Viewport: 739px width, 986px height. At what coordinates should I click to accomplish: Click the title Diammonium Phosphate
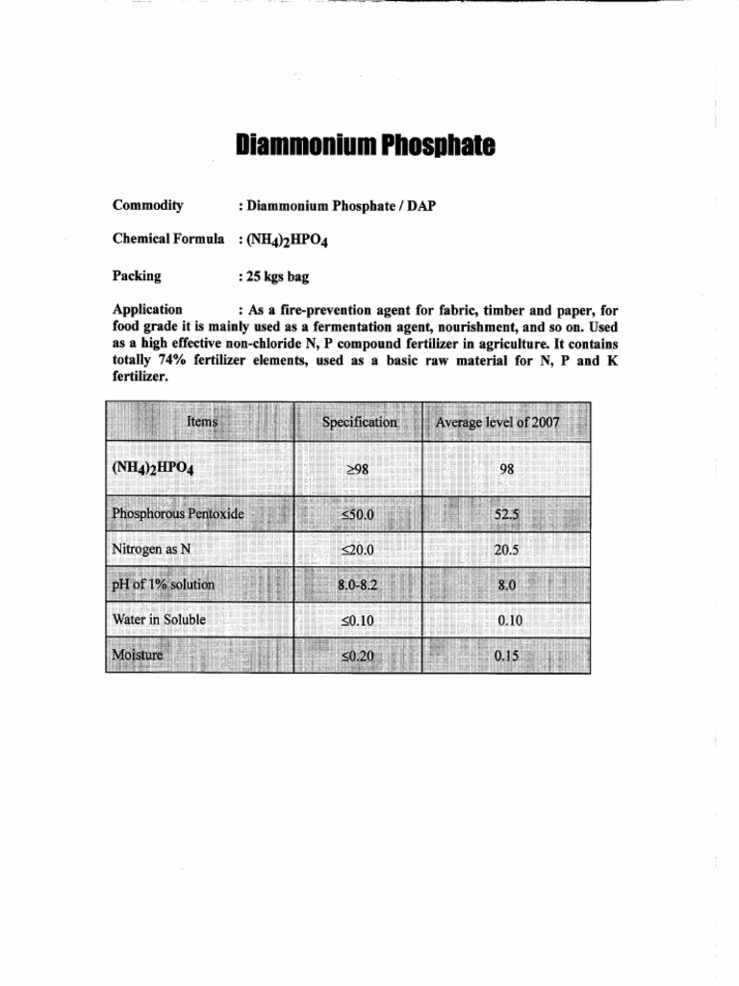point(365,146)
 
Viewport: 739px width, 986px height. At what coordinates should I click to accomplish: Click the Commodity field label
point(148,205)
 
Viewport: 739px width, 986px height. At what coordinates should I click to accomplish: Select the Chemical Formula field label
point(168,238)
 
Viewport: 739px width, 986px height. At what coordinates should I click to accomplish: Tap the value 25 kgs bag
point(277,276)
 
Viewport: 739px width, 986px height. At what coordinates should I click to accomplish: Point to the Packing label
point(137,275)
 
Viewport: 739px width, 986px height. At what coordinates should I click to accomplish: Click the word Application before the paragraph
point(147,309)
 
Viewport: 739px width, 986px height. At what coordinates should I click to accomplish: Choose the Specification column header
point(359,422)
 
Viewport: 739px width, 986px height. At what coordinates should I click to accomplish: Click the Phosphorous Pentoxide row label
point(178,514)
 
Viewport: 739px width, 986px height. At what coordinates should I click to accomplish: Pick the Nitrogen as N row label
point(146,550)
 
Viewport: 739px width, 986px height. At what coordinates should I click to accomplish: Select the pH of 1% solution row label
point(164,584)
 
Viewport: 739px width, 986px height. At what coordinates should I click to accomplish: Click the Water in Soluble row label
point(159,620)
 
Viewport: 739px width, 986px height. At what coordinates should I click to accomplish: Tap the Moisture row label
point(138,655)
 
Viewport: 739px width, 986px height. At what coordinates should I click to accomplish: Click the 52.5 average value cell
point(506,514)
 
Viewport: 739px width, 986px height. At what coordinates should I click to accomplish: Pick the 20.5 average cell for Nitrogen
point(506,550)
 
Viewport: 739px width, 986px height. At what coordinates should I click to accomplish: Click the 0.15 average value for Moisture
point(506,656)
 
